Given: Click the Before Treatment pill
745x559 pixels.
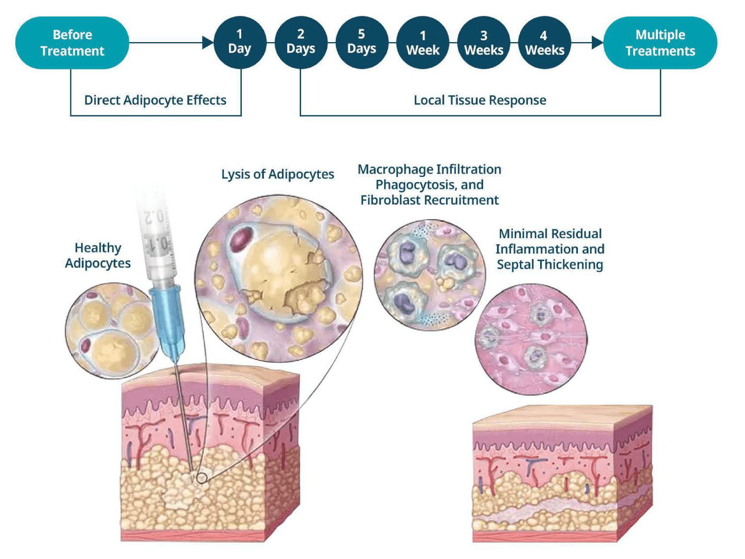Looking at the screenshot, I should pos(72,43).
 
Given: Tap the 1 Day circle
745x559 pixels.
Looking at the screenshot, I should pos(239,42).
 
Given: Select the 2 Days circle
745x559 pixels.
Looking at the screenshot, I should pos(301,42).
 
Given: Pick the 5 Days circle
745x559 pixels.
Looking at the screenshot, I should pos(361,42).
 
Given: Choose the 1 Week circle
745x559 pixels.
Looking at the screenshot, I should pos(423,43).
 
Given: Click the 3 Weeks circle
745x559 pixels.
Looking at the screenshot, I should pos(484,43).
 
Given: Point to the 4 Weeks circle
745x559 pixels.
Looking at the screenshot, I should pos(544,43).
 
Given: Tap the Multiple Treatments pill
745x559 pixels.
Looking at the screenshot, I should pos(660,43).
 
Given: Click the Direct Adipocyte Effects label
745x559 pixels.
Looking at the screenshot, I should pos(155,100).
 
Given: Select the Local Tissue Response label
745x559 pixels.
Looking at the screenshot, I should pos(480,100).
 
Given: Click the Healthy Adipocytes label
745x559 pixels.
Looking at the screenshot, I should pos(98,255).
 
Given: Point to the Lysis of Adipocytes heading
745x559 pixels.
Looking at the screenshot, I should pos(277,174).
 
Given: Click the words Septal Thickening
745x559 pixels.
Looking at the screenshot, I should pos(550,264).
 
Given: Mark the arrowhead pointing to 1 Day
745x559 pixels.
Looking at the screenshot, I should pos(208,43).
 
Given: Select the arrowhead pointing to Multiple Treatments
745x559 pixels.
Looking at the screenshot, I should pos(597,43).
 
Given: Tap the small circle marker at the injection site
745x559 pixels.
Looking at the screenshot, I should pos(202,478).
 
